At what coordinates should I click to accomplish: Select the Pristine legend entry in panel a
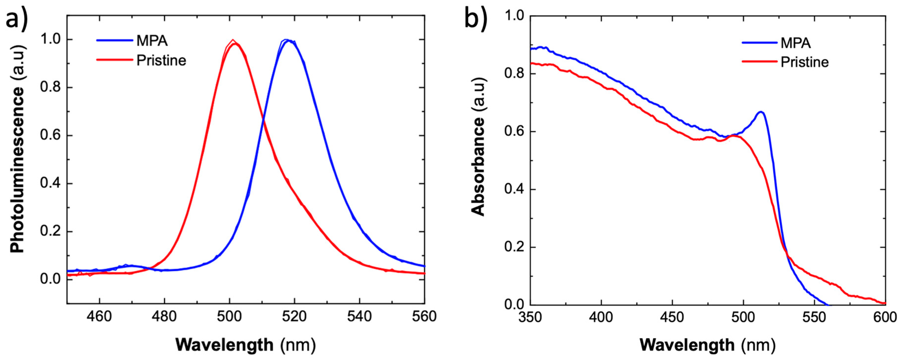tap(161, 60)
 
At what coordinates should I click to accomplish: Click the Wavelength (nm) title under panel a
tap(245, 345)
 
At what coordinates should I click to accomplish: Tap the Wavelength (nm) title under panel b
tap(708, 345)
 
